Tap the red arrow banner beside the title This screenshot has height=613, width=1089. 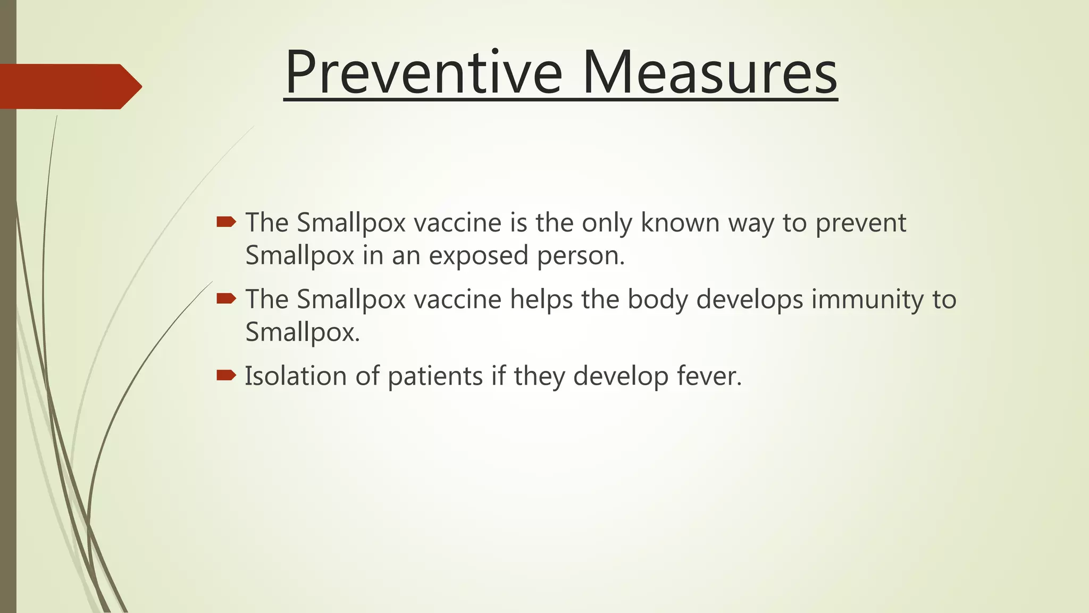point(69,86)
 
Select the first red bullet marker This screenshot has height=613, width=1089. point(226,221)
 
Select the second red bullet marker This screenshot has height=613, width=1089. point(226,299)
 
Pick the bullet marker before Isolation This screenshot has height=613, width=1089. point(226,376)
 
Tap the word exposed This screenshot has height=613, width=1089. point(479,256)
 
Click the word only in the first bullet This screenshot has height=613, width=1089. point(607,223)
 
